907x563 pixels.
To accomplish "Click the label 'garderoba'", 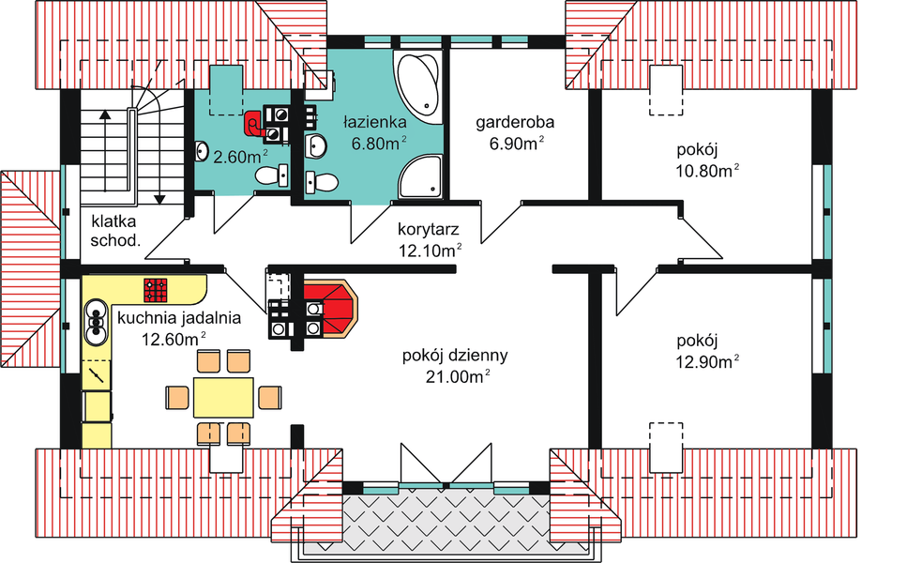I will pos(515,122).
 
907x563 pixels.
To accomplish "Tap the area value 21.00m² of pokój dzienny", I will pos(455,376).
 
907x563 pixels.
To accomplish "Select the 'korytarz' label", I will pos(429,228).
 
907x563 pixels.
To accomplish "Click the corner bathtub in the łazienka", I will pos(418,83).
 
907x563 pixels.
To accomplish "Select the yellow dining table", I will pos(223,397).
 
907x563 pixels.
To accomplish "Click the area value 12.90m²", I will pos(707,360).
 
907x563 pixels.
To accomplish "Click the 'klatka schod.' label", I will pos(115,231).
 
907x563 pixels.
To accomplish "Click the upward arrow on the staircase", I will pos(104,117).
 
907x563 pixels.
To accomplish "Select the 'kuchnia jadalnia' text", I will pos(178,318).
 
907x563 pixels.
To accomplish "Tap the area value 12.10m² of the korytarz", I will pos(429,250).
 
